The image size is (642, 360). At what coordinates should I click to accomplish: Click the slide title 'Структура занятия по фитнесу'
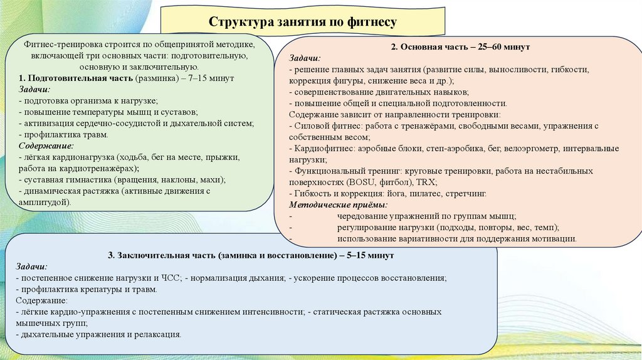click(303, 23)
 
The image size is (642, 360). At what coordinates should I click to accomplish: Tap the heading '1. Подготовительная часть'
click(75, 79)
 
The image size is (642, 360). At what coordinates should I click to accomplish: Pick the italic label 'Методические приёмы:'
click(338, 204)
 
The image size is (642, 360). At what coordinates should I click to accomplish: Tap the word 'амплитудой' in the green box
click(44, 203)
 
